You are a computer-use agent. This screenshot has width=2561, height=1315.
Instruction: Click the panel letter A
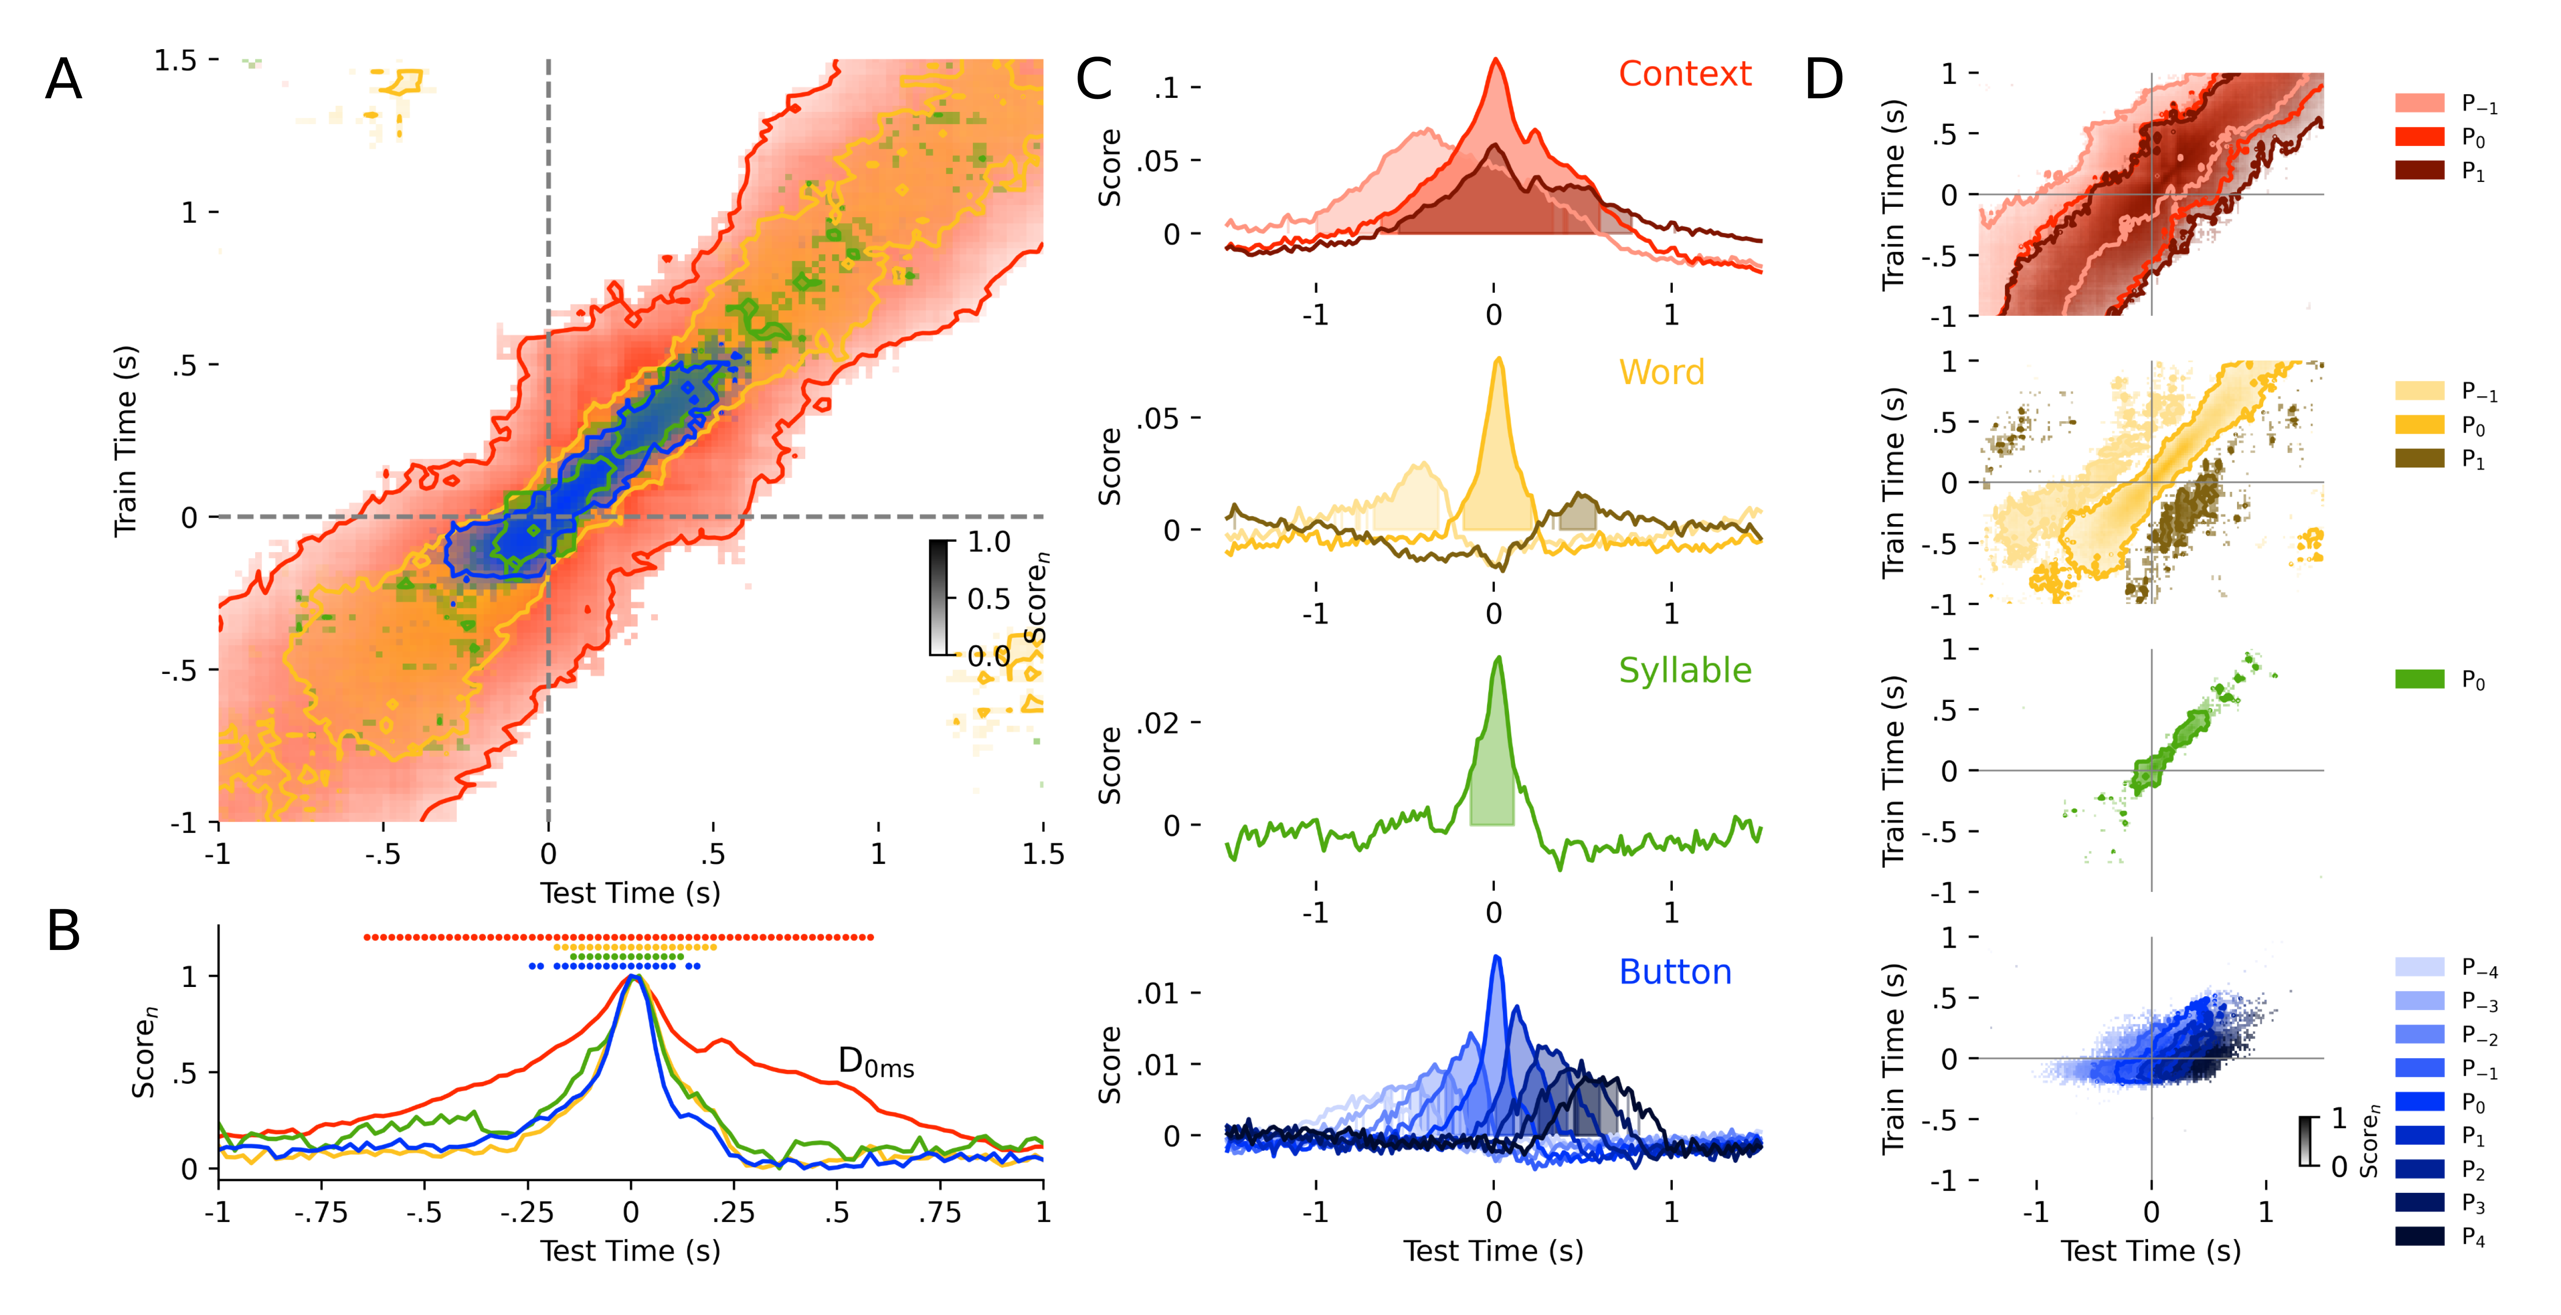click(64, 80)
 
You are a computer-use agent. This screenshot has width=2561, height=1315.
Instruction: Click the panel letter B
click(64, 931)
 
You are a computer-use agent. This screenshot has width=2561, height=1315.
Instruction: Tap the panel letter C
click(1094, 80)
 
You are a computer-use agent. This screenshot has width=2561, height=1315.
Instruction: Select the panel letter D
click(1823, 80)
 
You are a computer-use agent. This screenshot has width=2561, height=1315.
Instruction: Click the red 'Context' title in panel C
click(1684, 73)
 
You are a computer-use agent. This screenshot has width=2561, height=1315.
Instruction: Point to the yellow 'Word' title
click(1661, 373)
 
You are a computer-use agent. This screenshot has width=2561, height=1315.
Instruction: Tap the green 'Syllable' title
click(1684, 671)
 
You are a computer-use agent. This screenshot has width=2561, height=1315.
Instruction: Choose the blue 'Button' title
click(1675, 972)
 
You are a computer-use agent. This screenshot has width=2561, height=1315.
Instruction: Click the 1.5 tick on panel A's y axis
click(176, 61)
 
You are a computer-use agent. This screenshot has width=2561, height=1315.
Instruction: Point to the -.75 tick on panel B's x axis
click(321, 1212)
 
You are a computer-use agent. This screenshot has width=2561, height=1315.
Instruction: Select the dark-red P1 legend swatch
click(2419, 170)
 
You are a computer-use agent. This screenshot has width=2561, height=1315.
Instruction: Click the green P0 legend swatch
click(2419, 680)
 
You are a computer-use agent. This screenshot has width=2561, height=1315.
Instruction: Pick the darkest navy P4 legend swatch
click(2419, 1236)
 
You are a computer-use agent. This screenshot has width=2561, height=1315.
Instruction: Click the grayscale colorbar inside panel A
click(939, 598)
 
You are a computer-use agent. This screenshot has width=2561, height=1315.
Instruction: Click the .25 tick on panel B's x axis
click(734, 1212)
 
